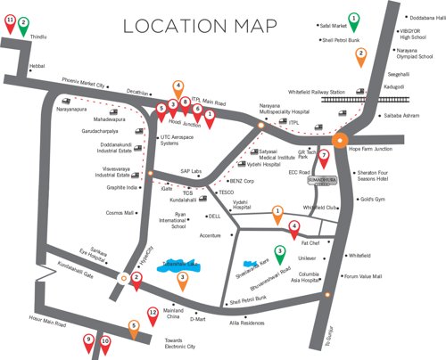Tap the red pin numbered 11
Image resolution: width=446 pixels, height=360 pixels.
coord(11,20)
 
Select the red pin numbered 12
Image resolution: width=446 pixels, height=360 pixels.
coord(153,314)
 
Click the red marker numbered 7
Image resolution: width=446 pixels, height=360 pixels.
coord(325,157)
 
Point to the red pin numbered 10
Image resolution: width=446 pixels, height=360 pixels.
coord(104,341)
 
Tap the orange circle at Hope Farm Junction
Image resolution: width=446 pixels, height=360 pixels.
coord(339,139)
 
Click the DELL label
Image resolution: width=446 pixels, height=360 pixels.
coord(213,216)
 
